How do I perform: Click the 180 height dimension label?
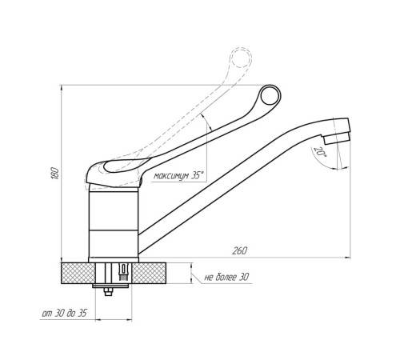click(x=55, y=174)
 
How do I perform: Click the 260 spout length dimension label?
click(x=240, y=251)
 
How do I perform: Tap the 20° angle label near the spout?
click(x=320, y=152)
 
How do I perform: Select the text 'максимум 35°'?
click(x=178, y=176)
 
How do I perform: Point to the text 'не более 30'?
click(x=226, y=278)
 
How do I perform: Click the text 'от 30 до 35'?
click(x=64, y=314)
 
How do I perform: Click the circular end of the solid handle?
click(x=270, y=95)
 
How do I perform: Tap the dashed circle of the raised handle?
click(x=241, y=58)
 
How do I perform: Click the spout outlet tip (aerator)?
click(x=336, y=138)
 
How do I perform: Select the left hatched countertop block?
click(x=78, y=273)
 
